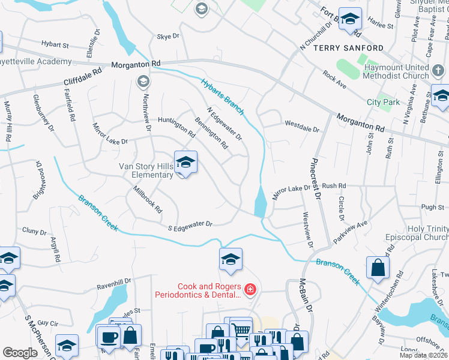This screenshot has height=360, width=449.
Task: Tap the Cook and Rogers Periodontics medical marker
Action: pyautogui.click(x=250, y=291)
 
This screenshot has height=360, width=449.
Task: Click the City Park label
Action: pyautogui.click(x=383, y=102)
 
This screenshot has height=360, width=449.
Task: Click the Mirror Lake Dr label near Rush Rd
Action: pyautogui.click(x=291, y=188)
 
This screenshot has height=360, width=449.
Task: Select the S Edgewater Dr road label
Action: pyautogui.click(x=190, y=225)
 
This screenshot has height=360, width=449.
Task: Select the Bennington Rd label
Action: pyautogui.click(x=211, y=133)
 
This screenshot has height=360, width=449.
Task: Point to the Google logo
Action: pyautogui.click(x=20, y=353)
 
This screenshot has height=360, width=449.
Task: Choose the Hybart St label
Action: pyautogui.click(x=55, y=44)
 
